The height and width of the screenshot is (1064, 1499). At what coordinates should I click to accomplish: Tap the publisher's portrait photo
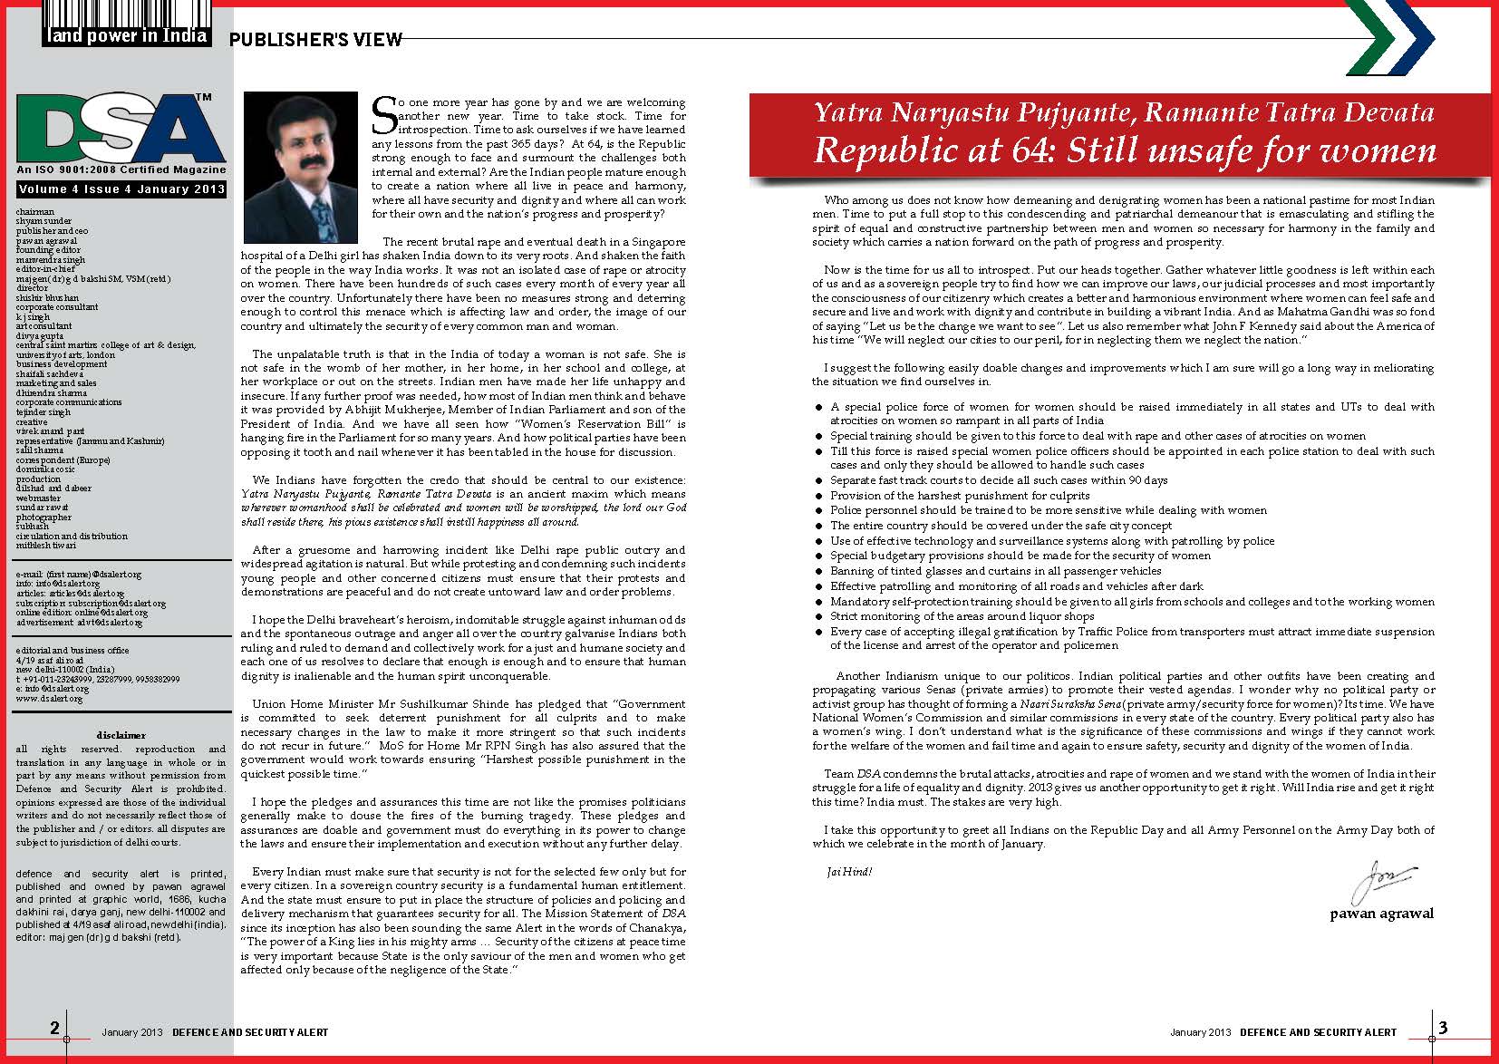tap(301, 154)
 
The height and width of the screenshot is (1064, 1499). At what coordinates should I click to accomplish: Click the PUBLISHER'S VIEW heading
tap(314, 39)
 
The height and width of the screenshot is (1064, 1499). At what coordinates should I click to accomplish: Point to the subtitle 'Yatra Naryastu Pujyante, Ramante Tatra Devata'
tap(1124, 113)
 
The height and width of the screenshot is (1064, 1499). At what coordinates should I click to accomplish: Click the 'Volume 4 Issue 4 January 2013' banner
tap(121, 189)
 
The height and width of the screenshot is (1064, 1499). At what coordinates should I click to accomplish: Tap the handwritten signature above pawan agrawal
tap(1384, 880)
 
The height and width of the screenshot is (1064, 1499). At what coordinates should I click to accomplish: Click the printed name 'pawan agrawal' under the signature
tap(1381, 914)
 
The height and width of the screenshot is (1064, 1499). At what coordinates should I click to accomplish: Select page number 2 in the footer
tap(55, 1027)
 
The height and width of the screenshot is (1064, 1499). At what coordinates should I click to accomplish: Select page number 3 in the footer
tap(1443, 1027)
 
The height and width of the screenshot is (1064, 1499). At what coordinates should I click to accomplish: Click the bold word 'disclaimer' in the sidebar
tap(121, 735)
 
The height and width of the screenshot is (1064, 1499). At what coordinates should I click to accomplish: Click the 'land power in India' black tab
tap(127, 36)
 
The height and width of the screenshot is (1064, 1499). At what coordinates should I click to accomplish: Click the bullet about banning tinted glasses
tap(995, 571)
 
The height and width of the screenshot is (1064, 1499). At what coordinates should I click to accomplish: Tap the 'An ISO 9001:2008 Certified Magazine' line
tap(121, 169)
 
